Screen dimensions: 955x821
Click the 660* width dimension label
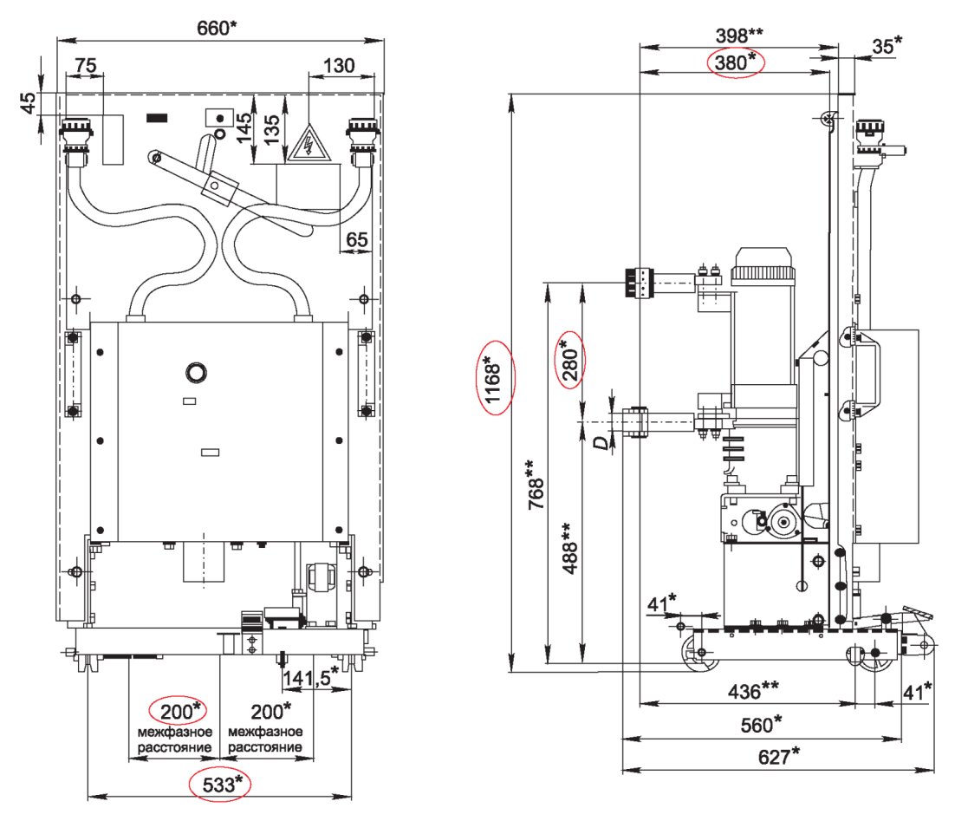[217, 28]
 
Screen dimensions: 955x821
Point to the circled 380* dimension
[735, 62]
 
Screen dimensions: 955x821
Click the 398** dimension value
[739, 36]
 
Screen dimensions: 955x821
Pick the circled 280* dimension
[570, 361]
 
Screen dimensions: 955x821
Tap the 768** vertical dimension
[536, 485]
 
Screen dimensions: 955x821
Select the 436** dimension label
[753, 691]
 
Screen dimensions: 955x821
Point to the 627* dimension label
[778, 756]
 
